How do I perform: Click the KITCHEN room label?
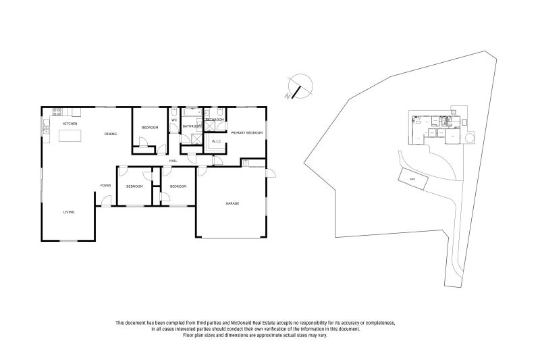pos(70,124)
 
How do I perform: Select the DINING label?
pos(111,134)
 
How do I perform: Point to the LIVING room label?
pos(69,212)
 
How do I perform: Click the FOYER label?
pos(106,185)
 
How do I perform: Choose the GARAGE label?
pos(232,203)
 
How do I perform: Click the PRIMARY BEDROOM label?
pos(246,133)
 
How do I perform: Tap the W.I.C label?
pos(216,141)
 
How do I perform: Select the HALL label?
pos(173,161)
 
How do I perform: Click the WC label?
pos(173,120)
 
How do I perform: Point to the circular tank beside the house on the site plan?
pos(470,138)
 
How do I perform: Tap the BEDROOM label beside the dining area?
pos(150,128)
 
